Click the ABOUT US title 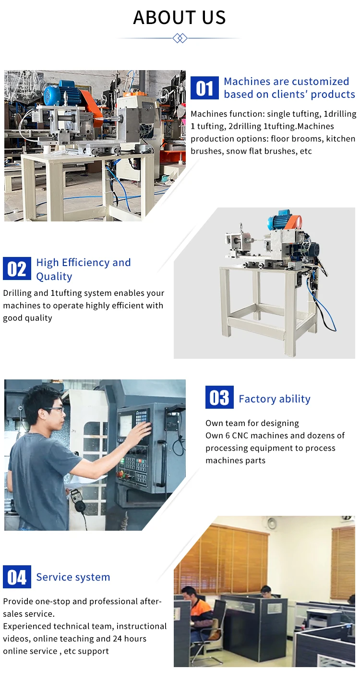180,18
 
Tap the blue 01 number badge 204,88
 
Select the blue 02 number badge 17,269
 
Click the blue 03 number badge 219,398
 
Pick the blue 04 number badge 17,577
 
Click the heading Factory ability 274,399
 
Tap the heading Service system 73,577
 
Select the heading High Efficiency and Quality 83,269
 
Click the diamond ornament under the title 180,38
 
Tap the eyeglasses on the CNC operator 54,410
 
